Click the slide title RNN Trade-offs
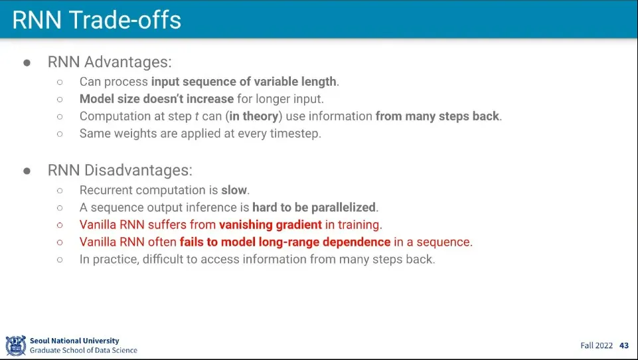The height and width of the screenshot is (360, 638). coord(96,19)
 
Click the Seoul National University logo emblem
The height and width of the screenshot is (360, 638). coord(15,345)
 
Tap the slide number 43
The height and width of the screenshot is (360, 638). coord(624,345)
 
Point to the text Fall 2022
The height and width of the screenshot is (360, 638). coord(596,345)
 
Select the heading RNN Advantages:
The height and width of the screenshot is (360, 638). coord(110,62)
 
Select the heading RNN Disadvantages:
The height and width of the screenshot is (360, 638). coord(120,170)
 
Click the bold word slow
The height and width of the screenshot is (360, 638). coord(234,190)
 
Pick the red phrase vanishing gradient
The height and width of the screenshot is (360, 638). coord(271,225)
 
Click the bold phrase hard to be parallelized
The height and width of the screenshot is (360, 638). coord(314,207)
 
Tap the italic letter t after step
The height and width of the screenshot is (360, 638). coord(197,116)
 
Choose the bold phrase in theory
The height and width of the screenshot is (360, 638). coord(254,116)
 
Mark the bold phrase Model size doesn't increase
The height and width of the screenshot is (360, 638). coord(157,99)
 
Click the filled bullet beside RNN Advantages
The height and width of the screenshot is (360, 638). coord(27,62)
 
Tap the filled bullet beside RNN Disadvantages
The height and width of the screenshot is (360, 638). coord(27,171)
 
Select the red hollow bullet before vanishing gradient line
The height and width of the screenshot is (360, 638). coord(60,225)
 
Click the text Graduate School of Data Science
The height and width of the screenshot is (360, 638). coord(84,350)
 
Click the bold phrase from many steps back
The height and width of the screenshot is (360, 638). coord(437,116)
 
